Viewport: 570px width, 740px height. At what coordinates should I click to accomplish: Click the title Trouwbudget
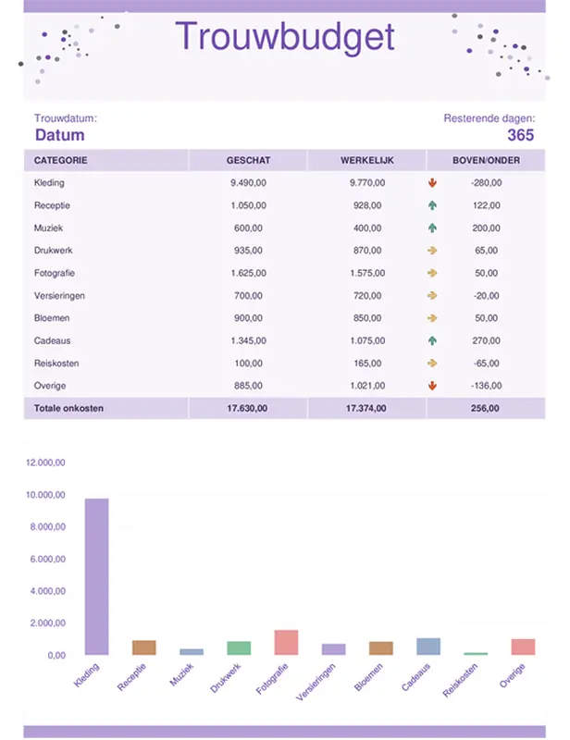284,37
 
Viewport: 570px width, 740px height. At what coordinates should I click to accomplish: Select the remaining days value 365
520,135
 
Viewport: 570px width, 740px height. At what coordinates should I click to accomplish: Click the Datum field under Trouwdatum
59,135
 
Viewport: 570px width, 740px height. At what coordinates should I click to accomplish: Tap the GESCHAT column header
248,161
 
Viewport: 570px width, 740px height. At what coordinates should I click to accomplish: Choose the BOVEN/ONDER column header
486,161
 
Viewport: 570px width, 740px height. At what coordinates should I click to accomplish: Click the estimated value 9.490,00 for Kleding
248,183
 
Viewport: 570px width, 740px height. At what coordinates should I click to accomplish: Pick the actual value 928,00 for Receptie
366,205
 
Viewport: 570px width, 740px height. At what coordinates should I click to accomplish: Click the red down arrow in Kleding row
432,183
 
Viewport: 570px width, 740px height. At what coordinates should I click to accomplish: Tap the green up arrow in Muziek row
432,228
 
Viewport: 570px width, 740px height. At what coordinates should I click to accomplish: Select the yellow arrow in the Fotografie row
432,273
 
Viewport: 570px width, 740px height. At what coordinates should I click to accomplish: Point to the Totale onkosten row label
69,408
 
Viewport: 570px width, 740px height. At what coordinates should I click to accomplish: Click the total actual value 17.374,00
366,408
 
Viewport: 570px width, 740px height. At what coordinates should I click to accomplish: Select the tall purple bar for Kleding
96,576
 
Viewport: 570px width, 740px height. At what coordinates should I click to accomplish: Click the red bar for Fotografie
286,642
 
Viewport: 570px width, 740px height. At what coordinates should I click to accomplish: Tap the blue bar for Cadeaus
428,646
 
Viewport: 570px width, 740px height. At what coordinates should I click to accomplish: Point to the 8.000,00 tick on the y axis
45,527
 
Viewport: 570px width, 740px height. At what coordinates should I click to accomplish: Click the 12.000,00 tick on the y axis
44,462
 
